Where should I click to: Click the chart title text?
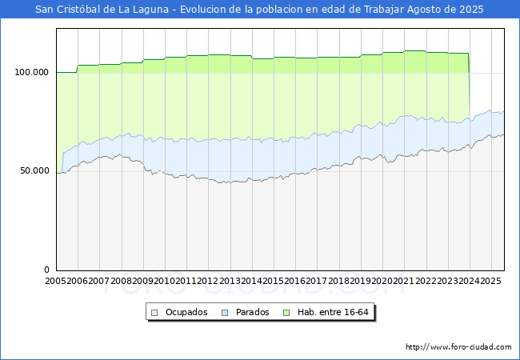pyautogui.click(x=260, y=10)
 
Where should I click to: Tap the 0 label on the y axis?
pyautogui.click(x=46, y=270)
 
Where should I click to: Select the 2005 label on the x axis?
pyautogui.click(x=56, y=282)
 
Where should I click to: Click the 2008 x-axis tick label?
pyautogui.click(x=122, y=282)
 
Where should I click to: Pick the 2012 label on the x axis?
pyautogui.click(x=208, y=282)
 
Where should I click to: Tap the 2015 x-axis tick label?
pyautogui.click(x=274, y=282)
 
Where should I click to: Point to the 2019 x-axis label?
pyautogui.click(x=361, y=282)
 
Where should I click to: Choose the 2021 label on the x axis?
pyautogui.click(x=404, y=282)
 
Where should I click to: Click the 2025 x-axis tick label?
pyautogui.click(x=490, y=282)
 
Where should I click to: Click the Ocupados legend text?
pyautogui.click(x=186, y=312)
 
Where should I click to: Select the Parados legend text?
pyautogui.click(x=252, y=312)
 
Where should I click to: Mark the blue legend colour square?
pyautogui.click(x=226, y=312)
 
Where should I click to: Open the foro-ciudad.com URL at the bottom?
pyautogui.click(x=458, y=347)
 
